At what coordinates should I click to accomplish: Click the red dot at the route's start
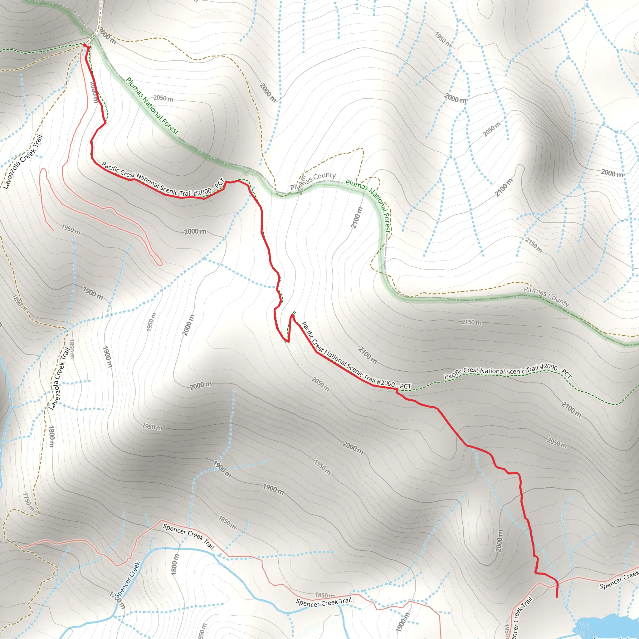coord(85,45)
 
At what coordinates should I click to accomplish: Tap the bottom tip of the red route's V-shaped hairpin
coord(288,342)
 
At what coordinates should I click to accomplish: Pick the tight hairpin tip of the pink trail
coord(160,264)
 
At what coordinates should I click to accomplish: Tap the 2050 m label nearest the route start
coord(163,99)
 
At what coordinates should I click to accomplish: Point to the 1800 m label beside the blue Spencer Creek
coord(175,564)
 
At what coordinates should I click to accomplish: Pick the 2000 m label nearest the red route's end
coord(499,541)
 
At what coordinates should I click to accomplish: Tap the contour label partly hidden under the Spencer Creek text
coord(118,600)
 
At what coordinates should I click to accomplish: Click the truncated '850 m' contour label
coord(202,630)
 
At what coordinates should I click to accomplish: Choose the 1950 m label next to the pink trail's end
coord(71,229)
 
